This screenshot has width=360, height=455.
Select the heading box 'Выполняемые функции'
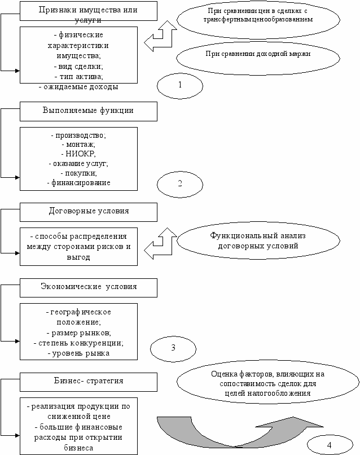[x=89, y=111]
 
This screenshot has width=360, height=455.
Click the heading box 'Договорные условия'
[x=89, y=212]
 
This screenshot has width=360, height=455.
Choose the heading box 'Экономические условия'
[x=89, y=288]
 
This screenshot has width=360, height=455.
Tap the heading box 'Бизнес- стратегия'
[x=89, y=382]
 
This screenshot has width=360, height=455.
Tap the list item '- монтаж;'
[x=78, y=144]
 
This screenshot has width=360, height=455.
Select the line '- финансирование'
[x=78, y=183]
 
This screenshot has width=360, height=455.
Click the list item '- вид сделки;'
[x=78, y=67]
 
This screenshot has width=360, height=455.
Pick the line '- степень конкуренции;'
[x=78, y=343]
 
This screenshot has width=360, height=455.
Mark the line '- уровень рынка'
[x=78, y=353]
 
